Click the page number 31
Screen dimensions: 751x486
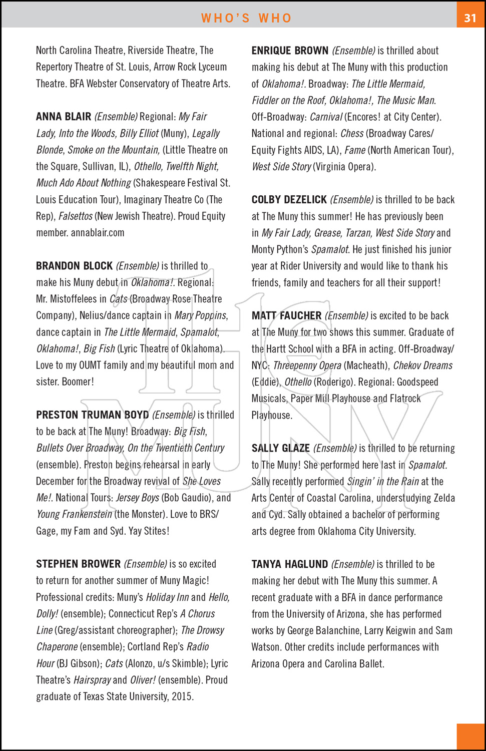coord(470,18)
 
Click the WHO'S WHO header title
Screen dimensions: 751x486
coord(246,18)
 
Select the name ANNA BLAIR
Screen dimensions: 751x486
coord(64,117)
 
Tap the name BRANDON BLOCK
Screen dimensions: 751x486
coord(74,266)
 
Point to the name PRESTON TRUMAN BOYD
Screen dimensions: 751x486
coord(92,415)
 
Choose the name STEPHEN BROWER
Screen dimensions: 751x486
coord(78,564)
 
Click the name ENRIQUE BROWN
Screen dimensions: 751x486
coord(290,51)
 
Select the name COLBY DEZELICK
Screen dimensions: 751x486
coord(289,200)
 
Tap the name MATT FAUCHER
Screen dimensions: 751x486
coord(286,315)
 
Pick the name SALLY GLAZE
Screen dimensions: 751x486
coord(280,448)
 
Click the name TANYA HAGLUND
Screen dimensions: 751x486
coord(289,564)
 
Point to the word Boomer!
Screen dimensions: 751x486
coord(78,382)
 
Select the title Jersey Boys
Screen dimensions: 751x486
coord(137,498)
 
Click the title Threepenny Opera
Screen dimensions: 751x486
coord(307,365)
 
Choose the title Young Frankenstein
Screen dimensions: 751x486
coord(74,514)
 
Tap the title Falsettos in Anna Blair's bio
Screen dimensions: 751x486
coord(76,216)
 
